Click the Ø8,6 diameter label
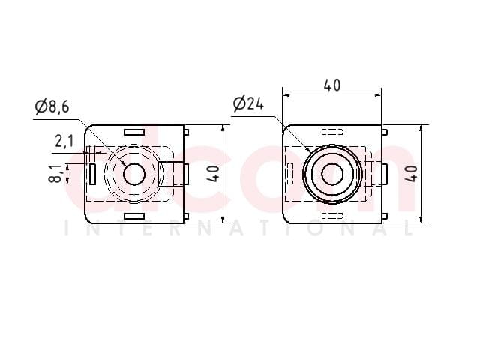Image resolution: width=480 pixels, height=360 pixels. [x=52, y=106]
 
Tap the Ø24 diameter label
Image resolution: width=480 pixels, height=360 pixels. [x=248, y=103]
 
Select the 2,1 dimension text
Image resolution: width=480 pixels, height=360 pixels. [x=64, y=142]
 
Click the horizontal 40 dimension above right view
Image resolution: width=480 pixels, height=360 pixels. [x=331, y=85]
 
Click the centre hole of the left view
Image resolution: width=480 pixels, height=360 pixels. [x=134, y=174]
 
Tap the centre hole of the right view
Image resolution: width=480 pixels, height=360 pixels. [x=332, y=174]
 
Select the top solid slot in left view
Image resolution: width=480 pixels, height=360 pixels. [x=134, y=132]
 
